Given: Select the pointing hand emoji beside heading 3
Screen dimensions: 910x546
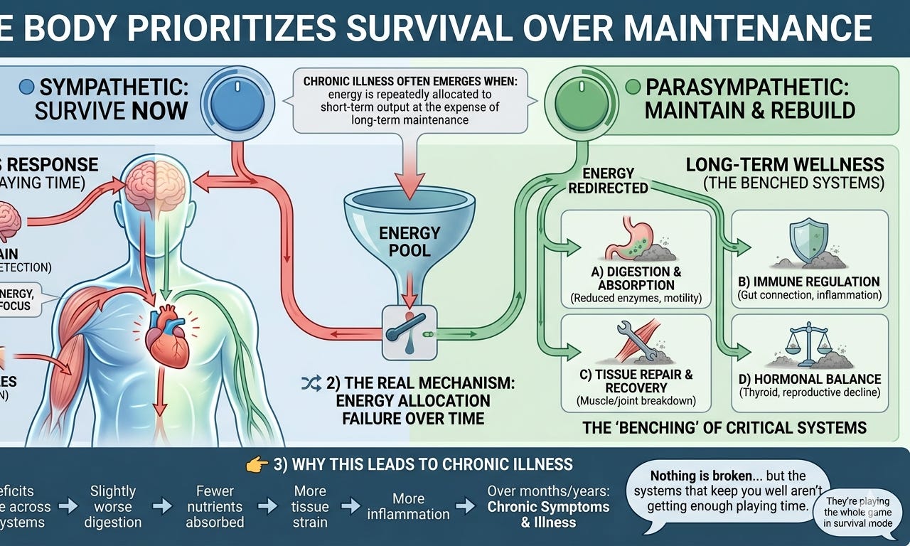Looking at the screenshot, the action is (x=256, y=465).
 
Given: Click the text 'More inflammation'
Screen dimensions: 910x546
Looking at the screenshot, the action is (x=408, y=506).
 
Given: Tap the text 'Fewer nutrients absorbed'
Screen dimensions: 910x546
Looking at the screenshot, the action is (x=215, y=506).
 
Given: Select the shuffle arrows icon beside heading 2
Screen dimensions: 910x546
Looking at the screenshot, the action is (x=311, y=384).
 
